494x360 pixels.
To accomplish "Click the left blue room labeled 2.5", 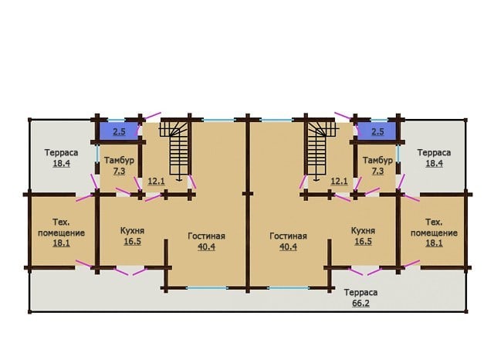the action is (x=119, y=131).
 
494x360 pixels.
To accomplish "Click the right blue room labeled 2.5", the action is (x=376, y=131).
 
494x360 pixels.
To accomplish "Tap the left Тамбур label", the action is (x=119, y=160).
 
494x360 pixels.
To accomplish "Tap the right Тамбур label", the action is (x=377, y=160).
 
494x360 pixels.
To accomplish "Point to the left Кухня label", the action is (x=132, y=230).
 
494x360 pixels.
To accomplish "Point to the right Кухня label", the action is (x=363, y=230).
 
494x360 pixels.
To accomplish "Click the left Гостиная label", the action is (x=206, y=236).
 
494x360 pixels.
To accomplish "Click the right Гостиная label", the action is (x=288, y=236).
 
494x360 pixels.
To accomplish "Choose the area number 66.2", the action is (x=360, y=304).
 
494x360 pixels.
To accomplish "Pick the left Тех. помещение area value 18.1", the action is (x=62, y=243).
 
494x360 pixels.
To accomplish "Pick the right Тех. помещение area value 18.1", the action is (x=434, y=243).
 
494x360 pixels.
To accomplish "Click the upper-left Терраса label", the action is (x=62, y=152).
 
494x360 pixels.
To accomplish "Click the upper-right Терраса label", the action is (x=434, y=152).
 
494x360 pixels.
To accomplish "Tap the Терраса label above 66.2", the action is (x=360, y=293).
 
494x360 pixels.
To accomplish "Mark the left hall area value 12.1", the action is (x=156, y=182).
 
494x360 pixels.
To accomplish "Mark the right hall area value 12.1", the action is (x=340, y=182).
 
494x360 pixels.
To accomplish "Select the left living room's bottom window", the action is (x=207, y=288).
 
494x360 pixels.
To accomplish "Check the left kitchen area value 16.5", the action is (x=132, y=242).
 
